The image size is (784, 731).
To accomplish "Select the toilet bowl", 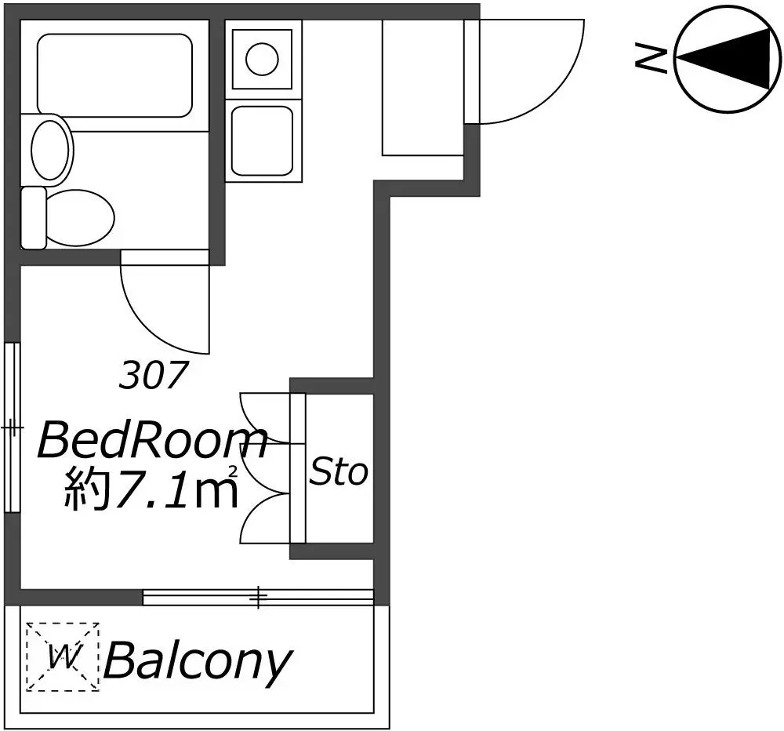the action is click(x=80, y=218).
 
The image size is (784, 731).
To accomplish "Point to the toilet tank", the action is click(x=34, y=218).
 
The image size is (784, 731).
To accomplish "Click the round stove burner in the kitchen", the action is click(x=262, y=59).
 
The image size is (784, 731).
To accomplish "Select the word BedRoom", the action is click(x=153, y=440).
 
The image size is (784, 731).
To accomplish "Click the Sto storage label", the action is click(x=339, y=471).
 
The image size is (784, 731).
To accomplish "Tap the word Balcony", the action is click(x=198, y=661).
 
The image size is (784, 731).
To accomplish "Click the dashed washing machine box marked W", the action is click(x=63, y=656).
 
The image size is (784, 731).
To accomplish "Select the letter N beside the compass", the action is click(x=651, y=58).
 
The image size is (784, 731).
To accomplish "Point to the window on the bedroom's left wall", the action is click(x=13, y=427).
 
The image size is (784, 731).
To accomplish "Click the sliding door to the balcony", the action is click(x=259, y=597).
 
